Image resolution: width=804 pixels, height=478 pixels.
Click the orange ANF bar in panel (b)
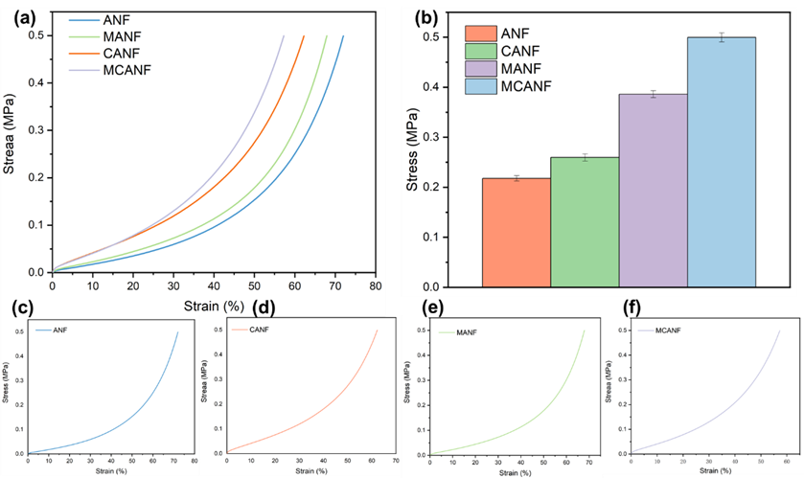pos(517,232)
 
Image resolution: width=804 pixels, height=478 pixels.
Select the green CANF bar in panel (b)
pos(585,221)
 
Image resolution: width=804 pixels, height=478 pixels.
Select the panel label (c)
pos(18,307)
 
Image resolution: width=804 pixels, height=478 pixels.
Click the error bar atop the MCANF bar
pos(722,37)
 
